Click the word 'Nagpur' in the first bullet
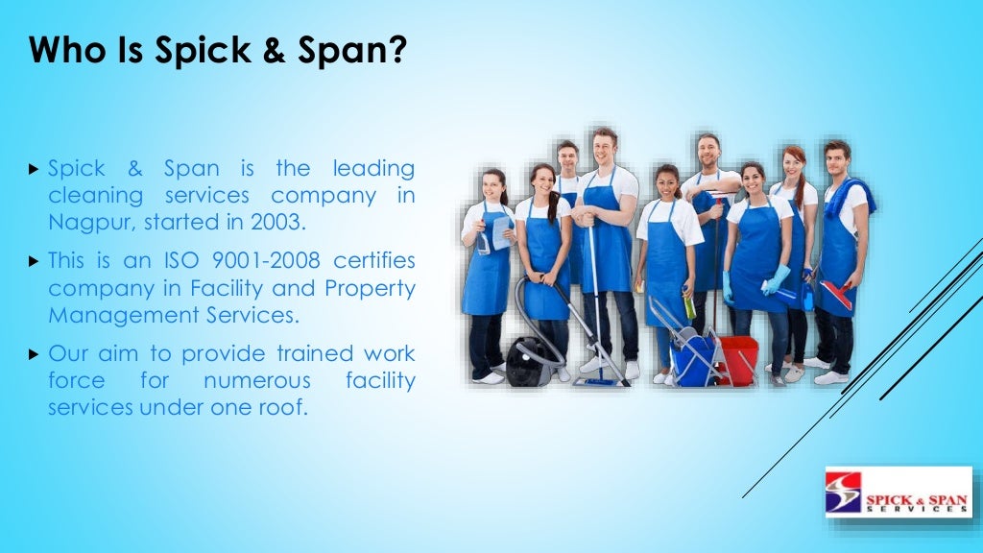(x=85, y=223)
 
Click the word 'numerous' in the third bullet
(x=256, y=380)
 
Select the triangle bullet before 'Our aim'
(x=35, y=353)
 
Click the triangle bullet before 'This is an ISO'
(x=35, y=261)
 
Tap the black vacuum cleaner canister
(x=527, y=361)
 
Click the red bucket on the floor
(x=739, y=359)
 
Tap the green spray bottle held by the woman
(x=688, y=305)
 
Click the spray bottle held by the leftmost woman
(x=483, y=240)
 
